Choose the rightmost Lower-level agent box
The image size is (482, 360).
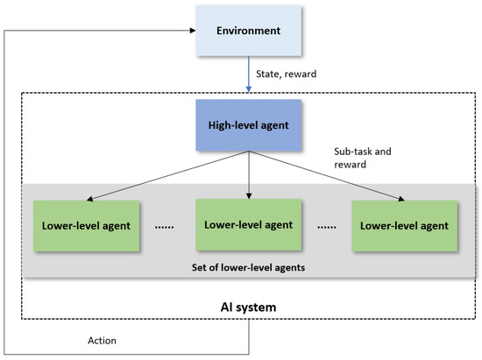(403, 225)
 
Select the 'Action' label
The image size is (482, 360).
(103, 340)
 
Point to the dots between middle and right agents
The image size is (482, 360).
(326, 225)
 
